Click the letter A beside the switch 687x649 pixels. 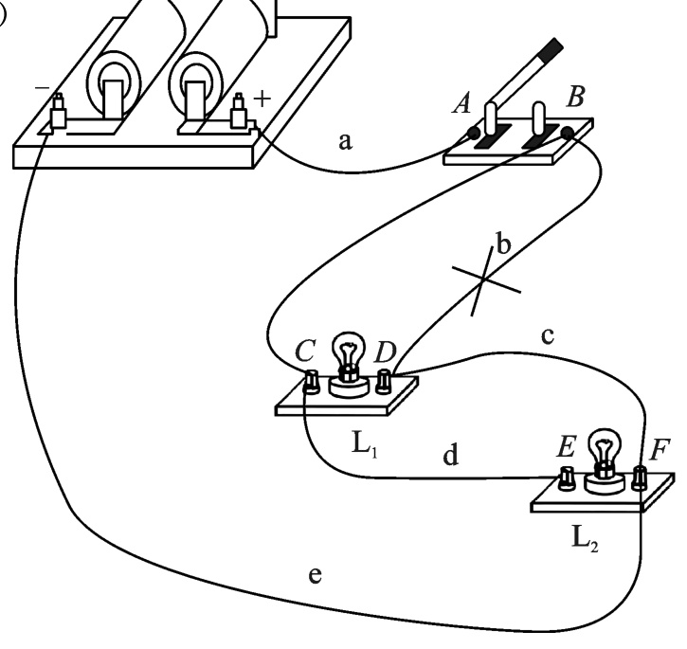(461, 104)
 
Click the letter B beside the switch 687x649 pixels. (575, 97)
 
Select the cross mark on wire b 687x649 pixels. (485, 279)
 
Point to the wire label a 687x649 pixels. (345, 141)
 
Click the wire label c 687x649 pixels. (548, 336)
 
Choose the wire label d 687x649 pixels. (451, 455)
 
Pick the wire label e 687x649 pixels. (315, 575)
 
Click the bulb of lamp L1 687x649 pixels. (349, 355)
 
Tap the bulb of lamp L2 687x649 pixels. (605, 451)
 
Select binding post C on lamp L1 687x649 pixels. (312, 382)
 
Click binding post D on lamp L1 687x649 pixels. (384, 381)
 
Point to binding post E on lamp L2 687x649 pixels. (567, 478)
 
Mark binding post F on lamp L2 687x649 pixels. (640, 478)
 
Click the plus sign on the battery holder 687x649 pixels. (262, 99)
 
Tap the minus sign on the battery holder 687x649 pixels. (43, 88)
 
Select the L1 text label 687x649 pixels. (365, 444)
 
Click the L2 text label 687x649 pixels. (586, 538)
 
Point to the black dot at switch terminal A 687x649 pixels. (474, 134)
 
